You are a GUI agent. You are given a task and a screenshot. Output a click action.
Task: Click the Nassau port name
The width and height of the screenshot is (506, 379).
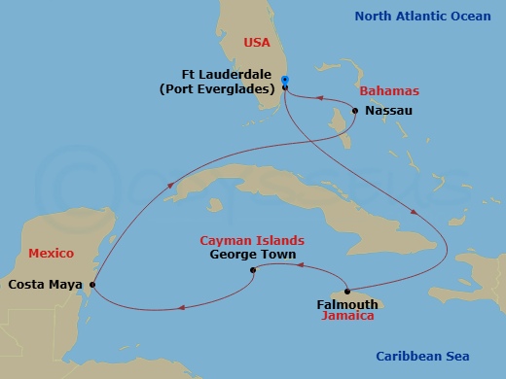pos(389,111)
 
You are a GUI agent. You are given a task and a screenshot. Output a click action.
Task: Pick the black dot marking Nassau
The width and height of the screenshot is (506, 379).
pos(355,110)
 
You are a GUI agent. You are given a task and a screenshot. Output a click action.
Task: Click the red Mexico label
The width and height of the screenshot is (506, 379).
pos(51,253)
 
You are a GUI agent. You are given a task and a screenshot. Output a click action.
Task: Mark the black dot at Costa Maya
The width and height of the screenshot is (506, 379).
pos(91,285)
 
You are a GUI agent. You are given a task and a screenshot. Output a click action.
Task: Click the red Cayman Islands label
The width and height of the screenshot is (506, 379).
pos(251,240)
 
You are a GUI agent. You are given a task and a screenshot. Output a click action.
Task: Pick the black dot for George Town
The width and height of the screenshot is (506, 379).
pos(253,270)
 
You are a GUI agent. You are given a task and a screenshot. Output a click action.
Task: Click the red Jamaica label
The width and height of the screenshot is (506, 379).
pos(347,317)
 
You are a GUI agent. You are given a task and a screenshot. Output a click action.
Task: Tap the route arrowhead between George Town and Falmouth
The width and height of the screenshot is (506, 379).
pos(301,263)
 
